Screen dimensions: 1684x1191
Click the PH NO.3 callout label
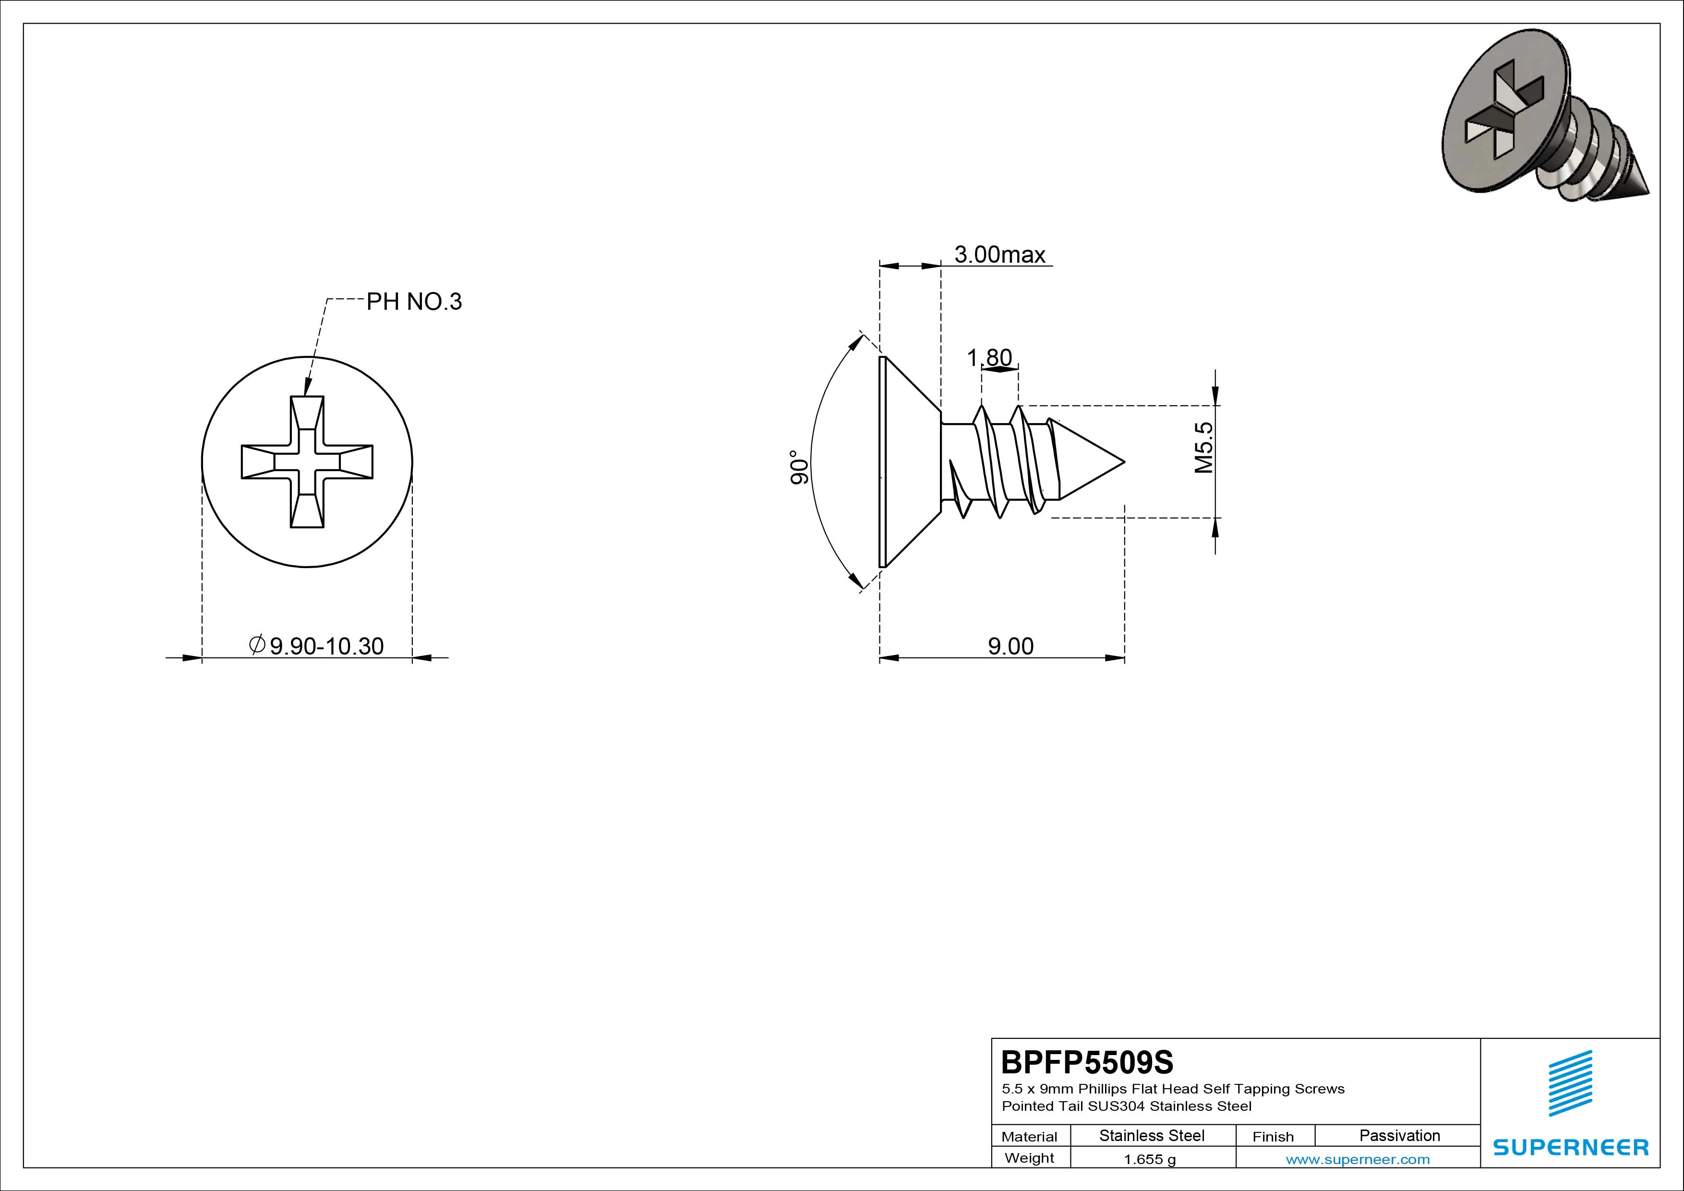pos(414,302)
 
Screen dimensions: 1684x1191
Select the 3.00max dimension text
pos(999,254)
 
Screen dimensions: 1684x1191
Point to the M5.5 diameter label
pos(1203,447)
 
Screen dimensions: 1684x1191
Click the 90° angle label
pos(799,467)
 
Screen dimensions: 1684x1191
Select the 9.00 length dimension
pos(1010,646)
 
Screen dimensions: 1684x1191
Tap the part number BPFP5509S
pos(1087,1062)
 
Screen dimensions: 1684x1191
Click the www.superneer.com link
pos(1358,1159)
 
